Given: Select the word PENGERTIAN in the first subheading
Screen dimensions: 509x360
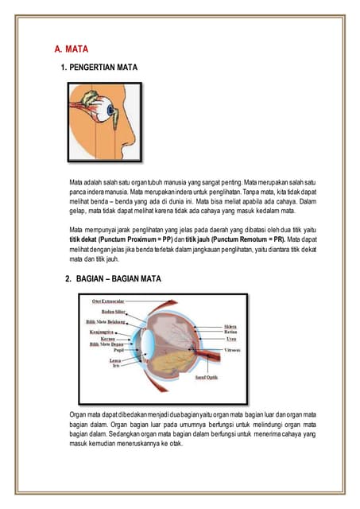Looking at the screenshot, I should (x=91, y=68).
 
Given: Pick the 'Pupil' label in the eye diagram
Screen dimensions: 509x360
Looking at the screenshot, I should (x=117, y=349).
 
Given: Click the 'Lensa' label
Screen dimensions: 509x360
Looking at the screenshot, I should (x=115, y=360).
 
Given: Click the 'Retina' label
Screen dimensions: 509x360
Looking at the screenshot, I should (x=231, y=332).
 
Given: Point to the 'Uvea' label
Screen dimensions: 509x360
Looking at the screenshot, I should (x=230, y=339).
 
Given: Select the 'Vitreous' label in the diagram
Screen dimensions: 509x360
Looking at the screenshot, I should (x=234, y=349).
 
